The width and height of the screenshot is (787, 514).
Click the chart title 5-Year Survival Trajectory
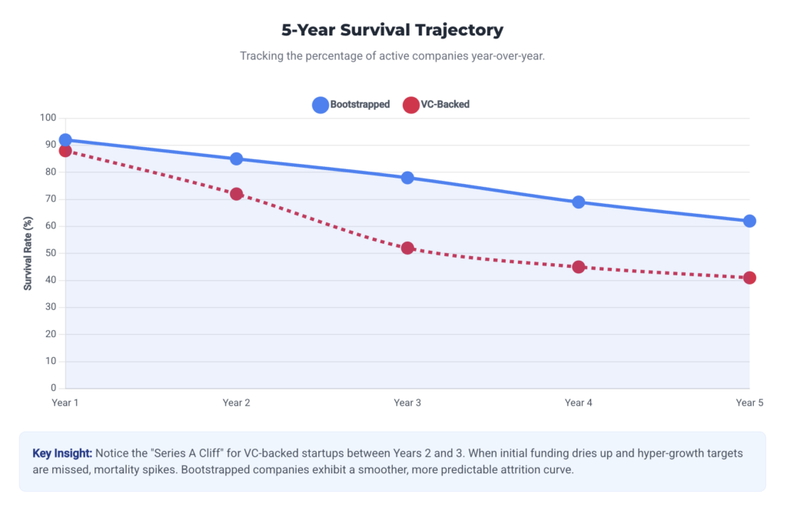point(393,31)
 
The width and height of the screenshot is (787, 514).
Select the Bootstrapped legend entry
point(351,105)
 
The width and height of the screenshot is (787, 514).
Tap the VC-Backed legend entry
point(436,105)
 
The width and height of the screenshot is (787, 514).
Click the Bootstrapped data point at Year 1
point(65,140)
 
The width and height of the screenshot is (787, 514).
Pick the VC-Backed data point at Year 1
point(65,151)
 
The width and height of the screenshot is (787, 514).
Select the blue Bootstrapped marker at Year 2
point(237,159)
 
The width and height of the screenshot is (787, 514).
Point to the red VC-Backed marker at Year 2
point(237,194)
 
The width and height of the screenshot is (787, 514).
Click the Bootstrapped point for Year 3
point(407,178)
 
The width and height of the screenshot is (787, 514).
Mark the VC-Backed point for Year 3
point(407,248)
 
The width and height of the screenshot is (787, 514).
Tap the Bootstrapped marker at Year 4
point(579,202)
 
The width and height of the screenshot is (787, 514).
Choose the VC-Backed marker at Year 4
point(579,267)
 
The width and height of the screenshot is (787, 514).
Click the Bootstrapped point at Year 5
point(749,221)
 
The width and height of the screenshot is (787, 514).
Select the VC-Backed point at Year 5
point(749,278)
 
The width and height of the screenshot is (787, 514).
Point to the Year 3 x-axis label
point(407,402)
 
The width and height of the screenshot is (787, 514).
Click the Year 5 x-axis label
point(749,402)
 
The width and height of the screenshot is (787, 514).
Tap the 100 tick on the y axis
point(49,118)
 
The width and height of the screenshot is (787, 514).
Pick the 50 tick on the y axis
point(51,253)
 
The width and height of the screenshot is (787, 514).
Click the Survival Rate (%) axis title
point(28,253)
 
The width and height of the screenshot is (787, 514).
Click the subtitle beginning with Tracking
point(393,56)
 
